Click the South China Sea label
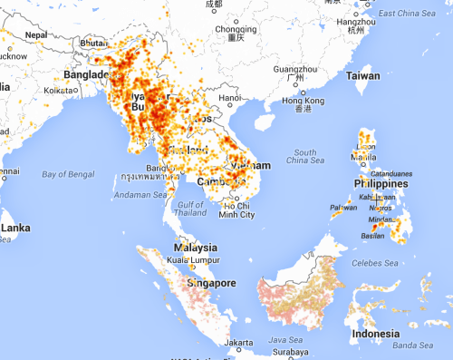click(x=305, y=156)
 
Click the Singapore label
click(x=210, y=284)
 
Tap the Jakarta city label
click(x=237, y=343)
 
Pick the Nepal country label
click(x=36, y=34)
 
